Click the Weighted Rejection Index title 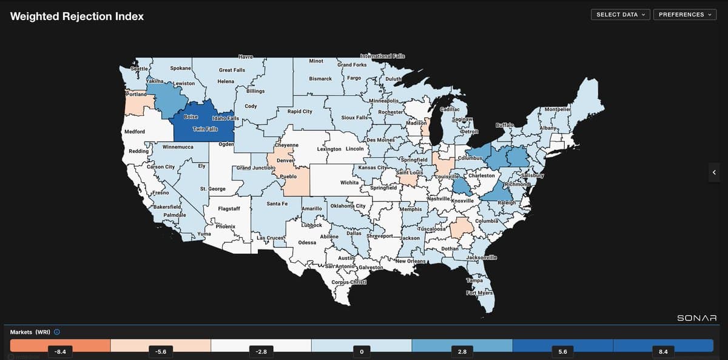pos(77,16)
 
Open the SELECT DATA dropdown pos(620,15)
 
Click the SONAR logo pos(696,318)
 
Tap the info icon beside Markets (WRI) pos(57,332)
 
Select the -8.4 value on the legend pos(60,351)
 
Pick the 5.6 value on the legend pos(562,351)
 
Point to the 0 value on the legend pos(362,351)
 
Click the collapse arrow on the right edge pos(714,173)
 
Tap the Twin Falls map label pos(205,129)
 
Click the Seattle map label pos(140,69)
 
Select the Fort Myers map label pos(479,293)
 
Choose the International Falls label pos(382,56)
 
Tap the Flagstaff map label pos(229,209)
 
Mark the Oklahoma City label pos(347,206)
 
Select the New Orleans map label pos(411,260)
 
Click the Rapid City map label pos(299,112)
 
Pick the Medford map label pos(134,132)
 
